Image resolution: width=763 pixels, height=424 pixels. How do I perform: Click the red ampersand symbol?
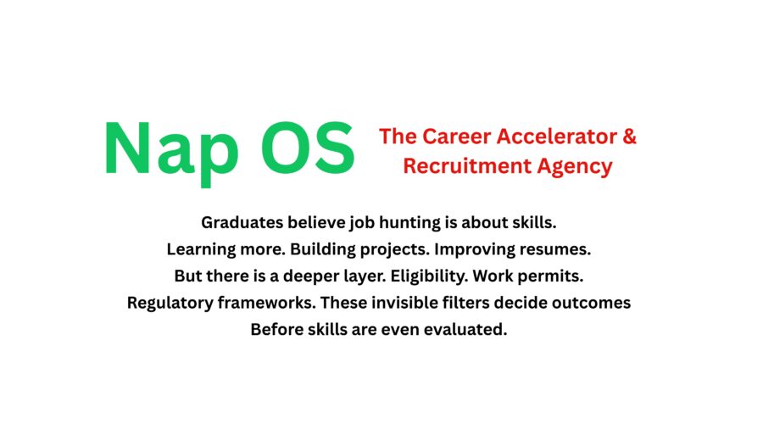click(630, 137)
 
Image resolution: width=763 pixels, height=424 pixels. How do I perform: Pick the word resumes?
click(555, 249)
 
